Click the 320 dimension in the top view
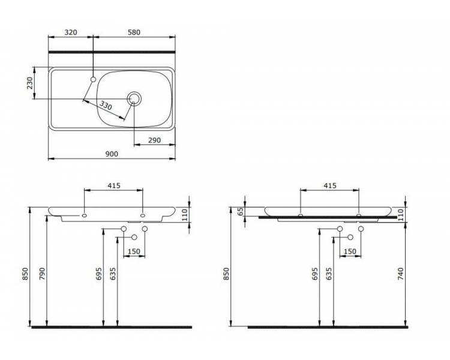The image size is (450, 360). point(71,32)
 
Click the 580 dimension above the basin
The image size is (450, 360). point(134,32)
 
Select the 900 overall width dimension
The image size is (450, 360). point(112,154)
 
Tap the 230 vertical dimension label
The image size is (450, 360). point(30,83)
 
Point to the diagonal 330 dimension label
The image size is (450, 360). point(106,106)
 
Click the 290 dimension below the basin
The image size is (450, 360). point(154,140)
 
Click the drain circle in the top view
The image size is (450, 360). point(134,99)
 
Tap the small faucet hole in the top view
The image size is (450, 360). point(93,79)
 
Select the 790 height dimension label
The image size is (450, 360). point(42,274)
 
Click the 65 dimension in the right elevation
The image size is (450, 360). point(241,212)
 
